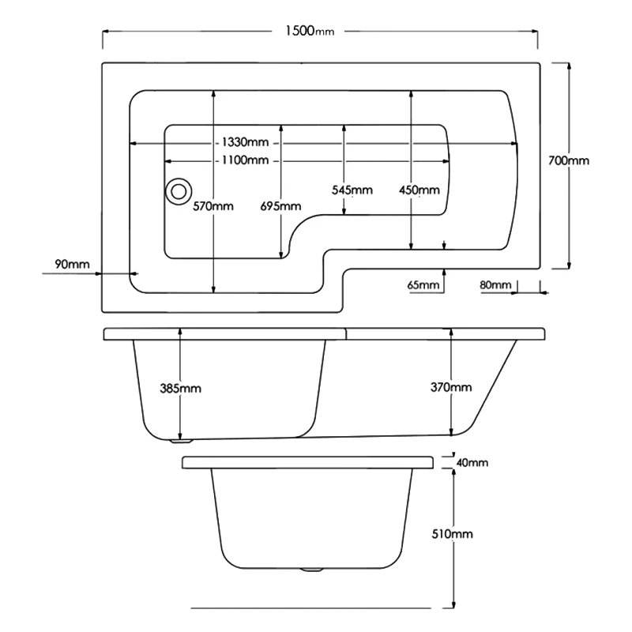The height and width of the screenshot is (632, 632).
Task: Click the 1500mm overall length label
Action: [x=310, y=31]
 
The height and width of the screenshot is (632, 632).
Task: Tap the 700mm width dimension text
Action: [x=569, y=161]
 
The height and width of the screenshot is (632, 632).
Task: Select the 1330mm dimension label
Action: [x=245, y=142]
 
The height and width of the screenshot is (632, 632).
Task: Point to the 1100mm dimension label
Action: [x=245, y=160]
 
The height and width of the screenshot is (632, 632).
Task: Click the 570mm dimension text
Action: [x=213, y=206]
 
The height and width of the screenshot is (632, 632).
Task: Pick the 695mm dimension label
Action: [x=280, y=206]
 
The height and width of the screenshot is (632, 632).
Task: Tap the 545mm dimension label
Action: [x=352, y=190]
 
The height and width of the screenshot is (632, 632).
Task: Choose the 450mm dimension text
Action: [x=419, y=190]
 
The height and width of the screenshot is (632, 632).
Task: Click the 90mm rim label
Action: [x=72, y=265]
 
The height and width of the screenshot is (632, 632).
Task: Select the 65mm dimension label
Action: [x=423, y=285]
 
